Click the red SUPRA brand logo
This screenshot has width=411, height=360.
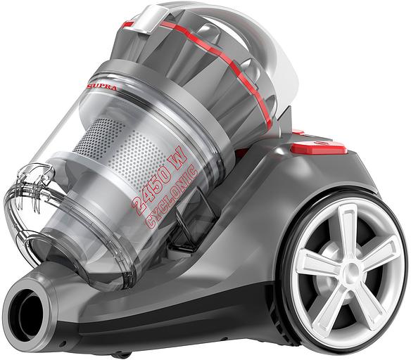click(x=101, y=87)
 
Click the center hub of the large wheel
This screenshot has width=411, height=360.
click(x=351, y=270)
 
